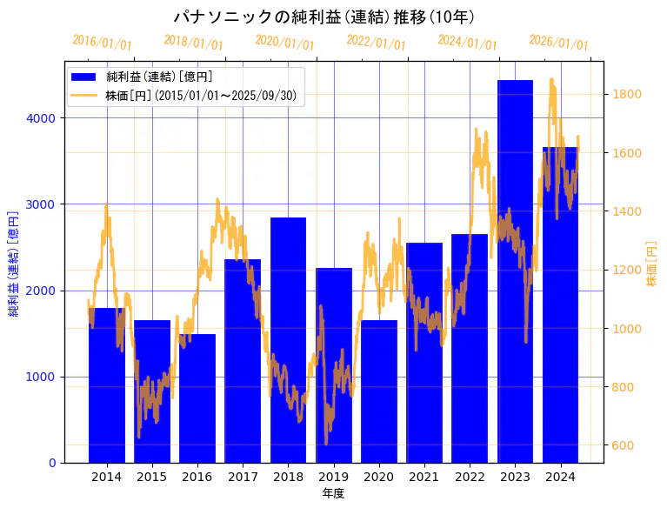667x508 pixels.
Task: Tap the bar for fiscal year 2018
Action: tap(288, 340)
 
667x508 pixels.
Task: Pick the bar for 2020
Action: tap(379, 391)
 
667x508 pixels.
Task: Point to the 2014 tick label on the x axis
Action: tap(107, 477)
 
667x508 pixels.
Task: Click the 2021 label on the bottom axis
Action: tap(424, 477)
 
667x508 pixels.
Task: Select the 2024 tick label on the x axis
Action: tap(560, 477)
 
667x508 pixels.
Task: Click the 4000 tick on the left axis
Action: tap(43, 118)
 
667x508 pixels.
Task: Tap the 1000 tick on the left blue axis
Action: tap(43, 377)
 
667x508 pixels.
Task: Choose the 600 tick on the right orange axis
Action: tap(624, 445)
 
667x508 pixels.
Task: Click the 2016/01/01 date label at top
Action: tap(102, 43)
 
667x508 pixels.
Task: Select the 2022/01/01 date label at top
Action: tap(376, 43)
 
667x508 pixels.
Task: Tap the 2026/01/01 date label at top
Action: tap(558, 43)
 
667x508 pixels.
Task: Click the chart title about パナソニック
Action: tap(323, 17)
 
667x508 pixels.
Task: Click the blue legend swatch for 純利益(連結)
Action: tap(89, 77)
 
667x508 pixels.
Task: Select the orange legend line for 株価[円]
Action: tap(89, 95)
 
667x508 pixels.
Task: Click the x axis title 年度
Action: tap(333, 494)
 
